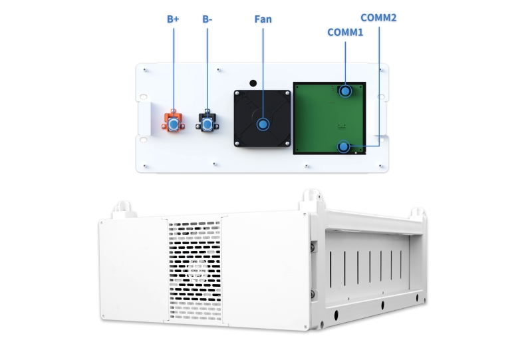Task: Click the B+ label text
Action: point(173,19)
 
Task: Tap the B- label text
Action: point(207,19)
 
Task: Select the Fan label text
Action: point(263,19)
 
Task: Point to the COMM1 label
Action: point(345,32)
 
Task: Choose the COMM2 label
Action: point(378,18)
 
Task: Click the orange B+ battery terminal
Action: point(174,122)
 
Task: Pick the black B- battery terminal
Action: point(207,121)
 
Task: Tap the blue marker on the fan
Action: point(263,124)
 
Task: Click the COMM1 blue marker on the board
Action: point(345,91)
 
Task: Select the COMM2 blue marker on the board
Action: point(344,146)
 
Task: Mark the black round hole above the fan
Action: point(253,83)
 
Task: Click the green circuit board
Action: point(329,118)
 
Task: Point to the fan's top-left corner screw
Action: point(237,93)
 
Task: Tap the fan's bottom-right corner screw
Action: point(288,144)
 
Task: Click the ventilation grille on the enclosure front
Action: point(194,270)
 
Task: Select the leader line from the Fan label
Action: point(263,73)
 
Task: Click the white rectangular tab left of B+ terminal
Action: point(145,118)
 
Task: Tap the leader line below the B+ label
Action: point(174,73)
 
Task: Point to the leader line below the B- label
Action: point(207,73)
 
